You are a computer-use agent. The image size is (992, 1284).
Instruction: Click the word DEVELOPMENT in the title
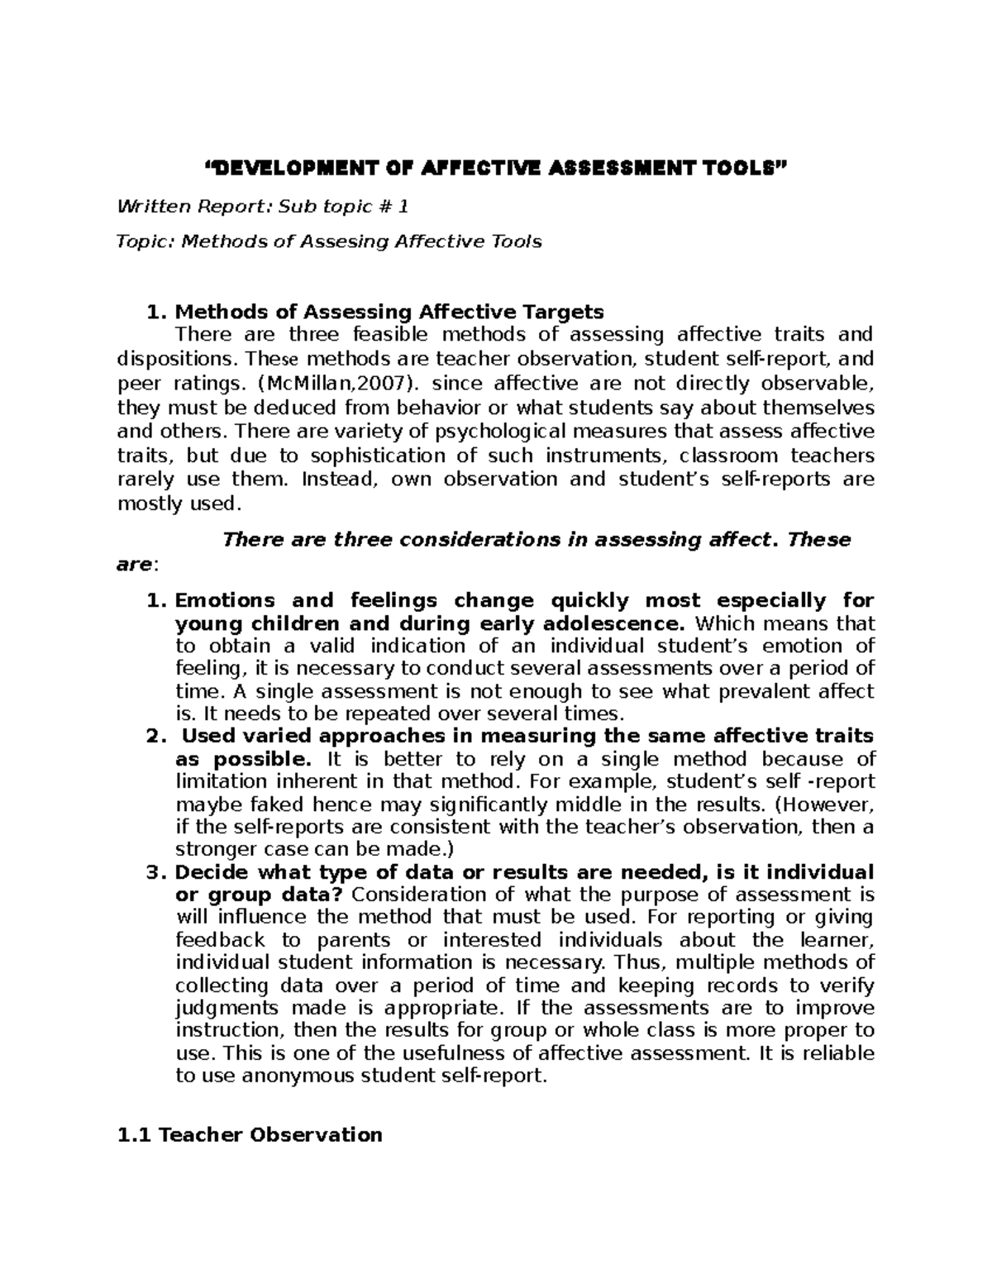pyautogui.click(x=284, y=170)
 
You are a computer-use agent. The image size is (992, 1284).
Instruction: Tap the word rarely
pyautogui.click(x=145, y=480)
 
